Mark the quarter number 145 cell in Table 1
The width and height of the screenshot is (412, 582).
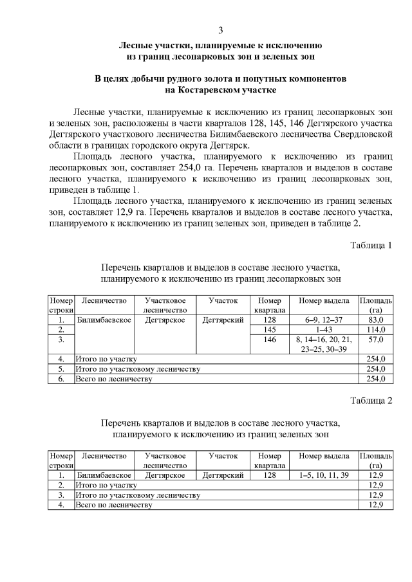coord(269,329)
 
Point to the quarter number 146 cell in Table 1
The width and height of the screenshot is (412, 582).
coord(269,339)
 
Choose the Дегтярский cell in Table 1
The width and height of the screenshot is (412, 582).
coord(223,320)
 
